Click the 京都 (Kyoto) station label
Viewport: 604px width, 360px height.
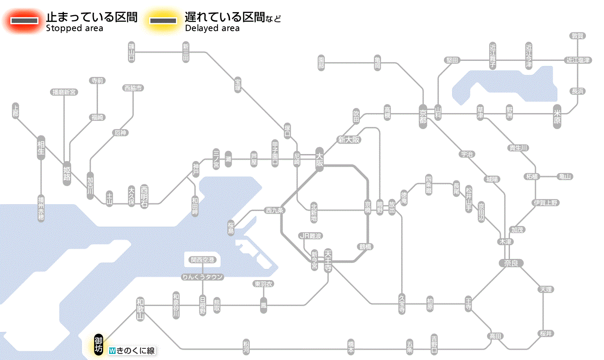click(x=423, y=115)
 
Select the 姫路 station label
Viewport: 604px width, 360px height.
click(x=67, y=173)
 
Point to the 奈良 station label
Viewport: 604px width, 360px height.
click(x=510, y=263)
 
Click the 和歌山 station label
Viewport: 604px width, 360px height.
click(x=140, y=309)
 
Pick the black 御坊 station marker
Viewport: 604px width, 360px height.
click(x=99, y=344)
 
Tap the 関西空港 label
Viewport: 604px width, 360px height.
click(x=202, y=260)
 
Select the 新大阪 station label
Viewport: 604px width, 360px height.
click(x=349, y=140)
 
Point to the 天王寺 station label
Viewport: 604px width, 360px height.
click(x=328, y=260)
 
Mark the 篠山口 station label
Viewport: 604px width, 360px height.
click(x=132, y=52)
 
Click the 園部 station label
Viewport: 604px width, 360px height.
click(x=321, y=63)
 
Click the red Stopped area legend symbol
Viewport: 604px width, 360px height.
click(x=24, y=21)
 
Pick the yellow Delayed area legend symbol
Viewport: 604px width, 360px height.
click(x=163, y=21)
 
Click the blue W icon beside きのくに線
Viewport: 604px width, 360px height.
click(x=112, y=351)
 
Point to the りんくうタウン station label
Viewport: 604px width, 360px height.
click(x=202, y=277)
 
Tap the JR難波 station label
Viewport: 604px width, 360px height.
click(x=311, y=236)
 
